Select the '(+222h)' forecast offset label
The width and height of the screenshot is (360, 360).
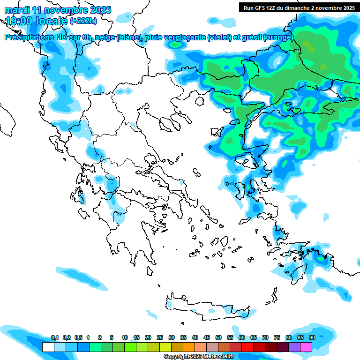[83, 21]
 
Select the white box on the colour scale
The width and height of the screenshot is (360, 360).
[48, 347]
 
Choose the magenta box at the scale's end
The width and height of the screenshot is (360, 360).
[307, 347]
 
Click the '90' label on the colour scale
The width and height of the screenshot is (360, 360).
[312, 337]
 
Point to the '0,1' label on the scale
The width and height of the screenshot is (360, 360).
[54, 337]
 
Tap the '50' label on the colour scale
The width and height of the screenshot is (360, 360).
[218, 337]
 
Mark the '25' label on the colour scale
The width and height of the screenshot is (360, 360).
[160, 337]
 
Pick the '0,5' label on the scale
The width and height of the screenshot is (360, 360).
[78, 337]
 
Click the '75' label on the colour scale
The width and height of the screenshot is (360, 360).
[277, 337]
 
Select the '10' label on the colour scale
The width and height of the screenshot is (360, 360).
[125, 337]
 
